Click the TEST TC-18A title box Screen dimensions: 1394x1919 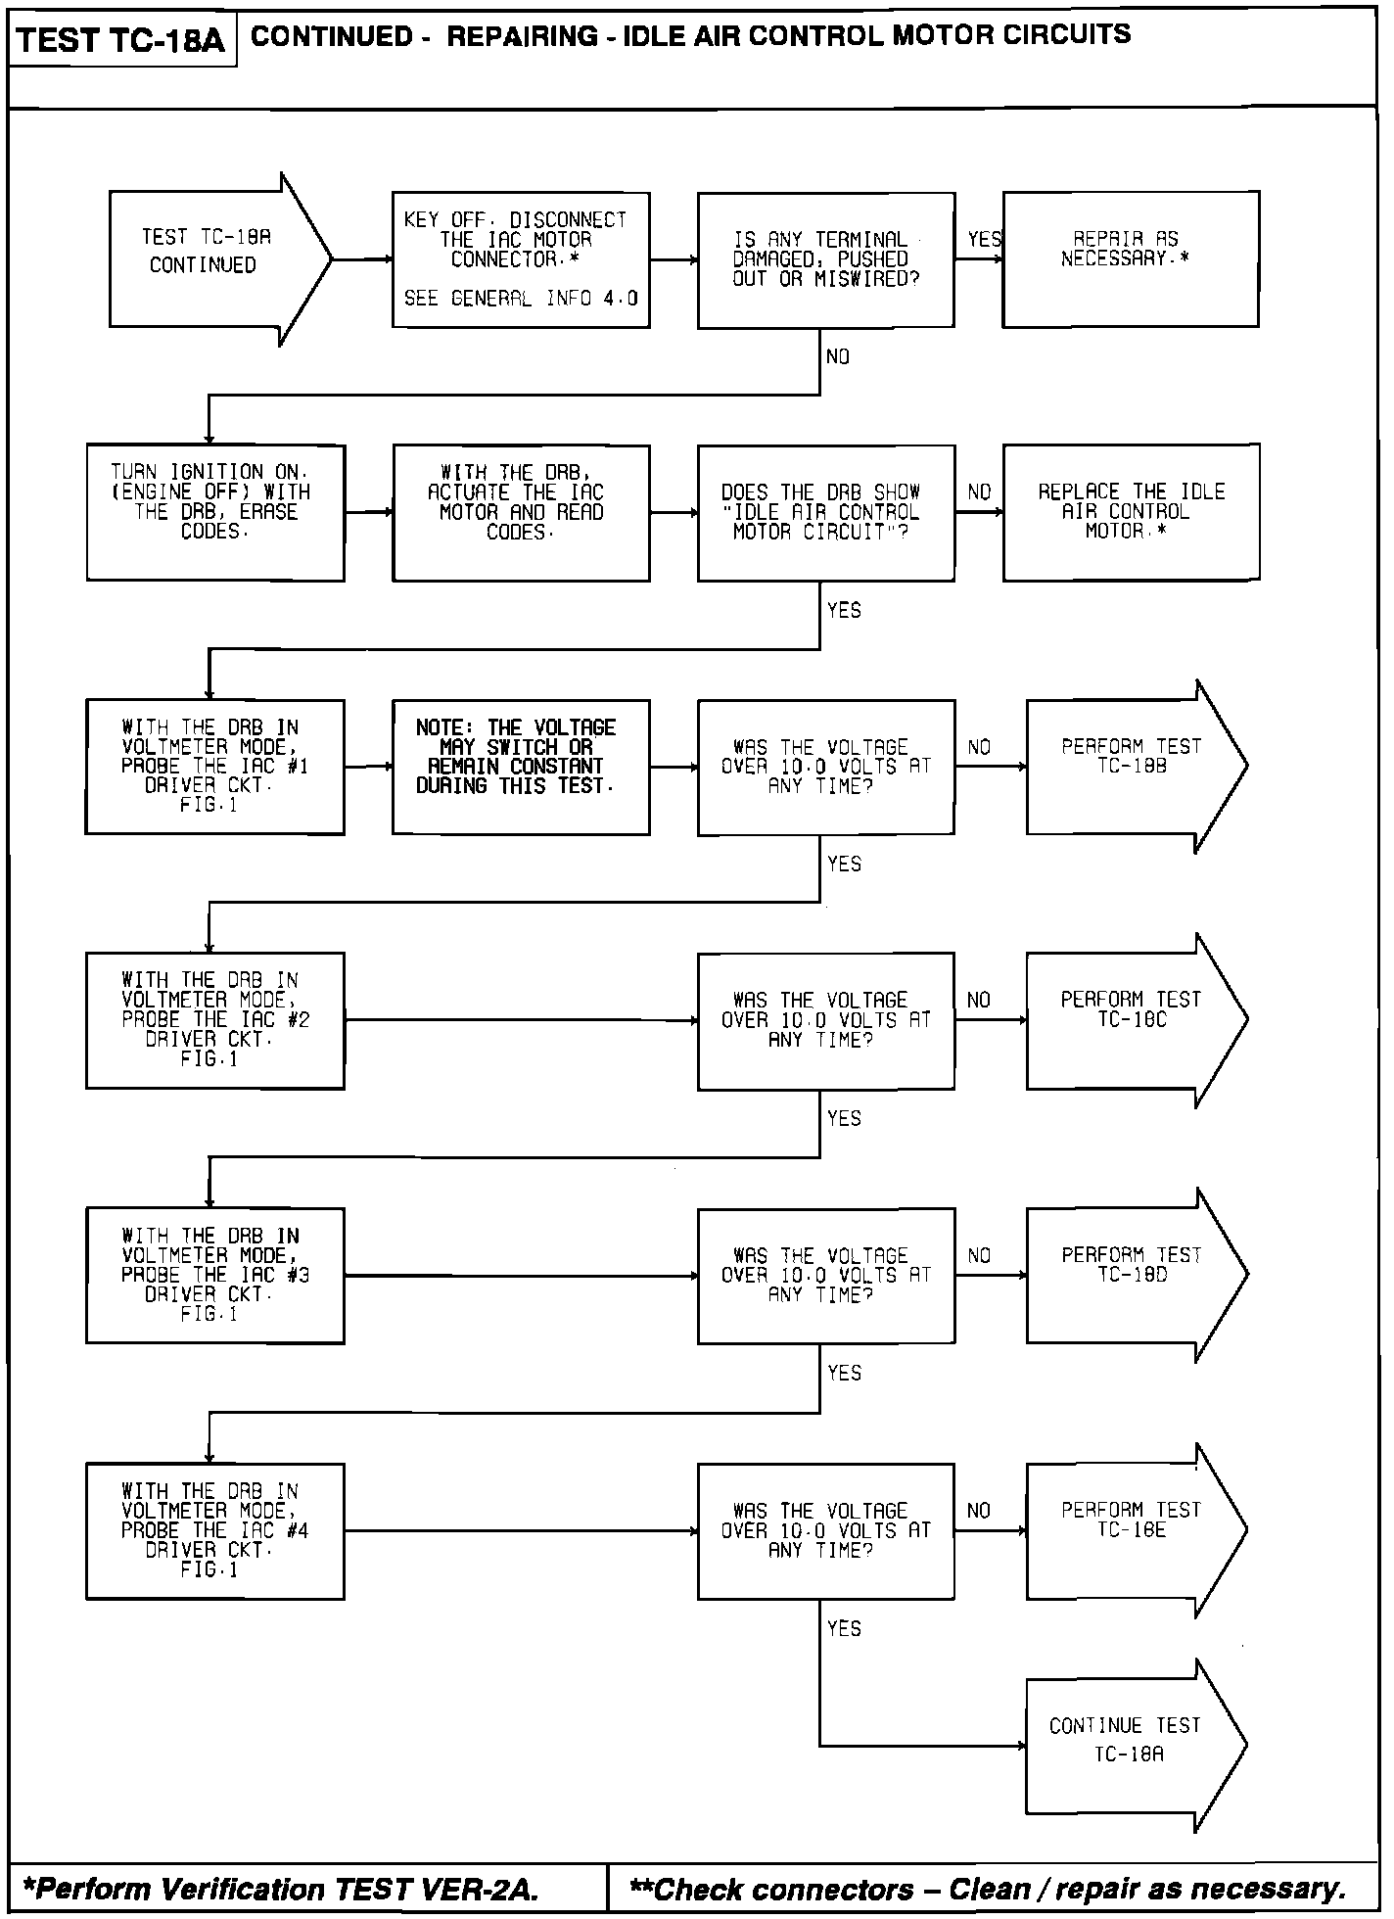click(x=121, y=40)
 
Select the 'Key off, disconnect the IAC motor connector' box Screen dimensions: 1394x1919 click(x=521, y=259)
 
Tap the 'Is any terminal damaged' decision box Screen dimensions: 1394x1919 click(x=825, y=259)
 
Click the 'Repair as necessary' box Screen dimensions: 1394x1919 click(x=1130, y=259)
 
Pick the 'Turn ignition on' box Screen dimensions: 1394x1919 click(x=215, y=513)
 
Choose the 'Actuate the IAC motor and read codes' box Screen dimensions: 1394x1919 click(x=521, y=513)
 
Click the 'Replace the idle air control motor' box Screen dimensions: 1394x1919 click(x=1131, y=512)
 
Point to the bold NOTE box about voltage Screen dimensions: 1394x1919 click(x=521, y=767)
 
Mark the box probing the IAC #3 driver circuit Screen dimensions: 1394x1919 click(x=215, y=1275)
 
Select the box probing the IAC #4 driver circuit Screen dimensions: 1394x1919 click(x=215, y=1530)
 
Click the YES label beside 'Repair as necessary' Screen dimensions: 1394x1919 click(x=984, y=239)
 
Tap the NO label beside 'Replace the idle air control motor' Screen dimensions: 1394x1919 click(x=979, y=492)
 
